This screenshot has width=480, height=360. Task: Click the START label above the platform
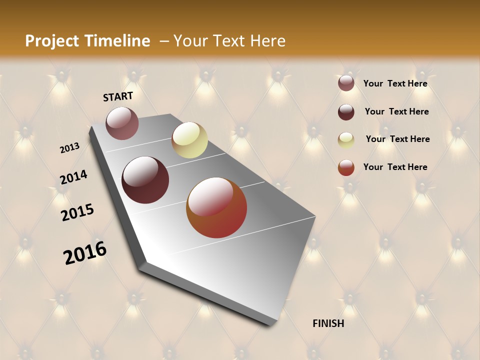(118, 96)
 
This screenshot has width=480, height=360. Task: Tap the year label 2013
(70, 148)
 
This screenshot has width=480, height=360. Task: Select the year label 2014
(73, 177)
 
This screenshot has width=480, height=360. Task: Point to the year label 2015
(77, 212)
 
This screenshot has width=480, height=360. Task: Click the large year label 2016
(85, 252)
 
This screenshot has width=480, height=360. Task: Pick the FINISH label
(328, 323)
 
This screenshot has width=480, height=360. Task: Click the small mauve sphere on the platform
(122, 123)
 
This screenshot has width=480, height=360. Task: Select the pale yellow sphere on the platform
(189, 140)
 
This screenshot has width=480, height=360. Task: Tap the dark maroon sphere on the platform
(145, 180)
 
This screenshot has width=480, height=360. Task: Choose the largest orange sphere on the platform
(216, 207)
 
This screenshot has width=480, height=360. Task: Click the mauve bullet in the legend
(346, 83)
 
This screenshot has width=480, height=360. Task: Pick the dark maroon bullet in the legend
(346, 112)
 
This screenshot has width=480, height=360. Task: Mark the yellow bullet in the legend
(346, 140)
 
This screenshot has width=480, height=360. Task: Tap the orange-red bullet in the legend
(346, 167)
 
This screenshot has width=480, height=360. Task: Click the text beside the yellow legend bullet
(397, 139)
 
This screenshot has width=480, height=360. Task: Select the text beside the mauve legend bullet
(395, 83)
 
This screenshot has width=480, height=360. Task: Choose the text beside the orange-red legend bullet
(395, 167)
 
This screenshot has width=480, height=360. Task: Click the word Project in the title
(52, 41)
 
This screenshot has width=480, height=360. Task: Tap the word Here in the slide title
(268, 41)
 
